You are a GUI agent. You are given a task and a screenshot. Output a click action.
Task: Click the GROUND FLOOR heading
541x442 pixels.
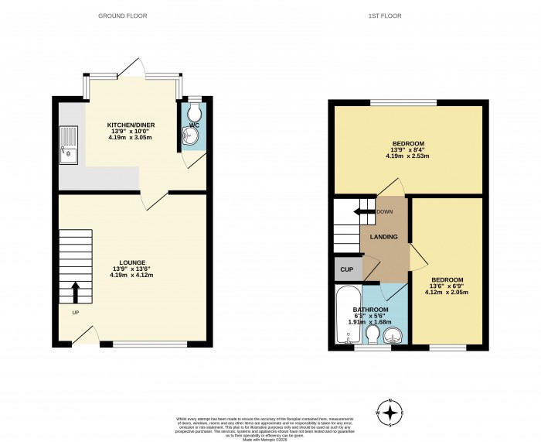[122, 15]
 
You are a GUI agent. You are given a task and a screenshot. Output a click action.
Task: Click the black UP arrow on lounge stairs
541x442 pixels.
[76, 292]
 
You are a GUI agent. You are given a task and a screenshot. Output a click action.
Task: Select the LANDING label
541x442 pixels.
[383, 237]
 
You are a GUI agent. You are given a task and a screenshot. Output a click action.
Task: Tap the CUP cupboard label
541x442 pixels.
[347, 270]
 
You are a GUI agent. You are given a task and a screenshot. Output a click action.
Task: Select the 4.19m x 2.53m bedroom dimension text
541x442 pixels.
[407, 156]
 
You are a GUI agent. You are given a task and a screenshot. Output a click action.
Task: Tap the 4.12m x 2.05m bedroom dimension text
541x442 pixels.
[447, 292]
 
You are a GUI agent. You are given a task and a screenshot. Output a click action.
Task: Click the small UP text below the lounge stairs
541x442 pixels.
[75, 314]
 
